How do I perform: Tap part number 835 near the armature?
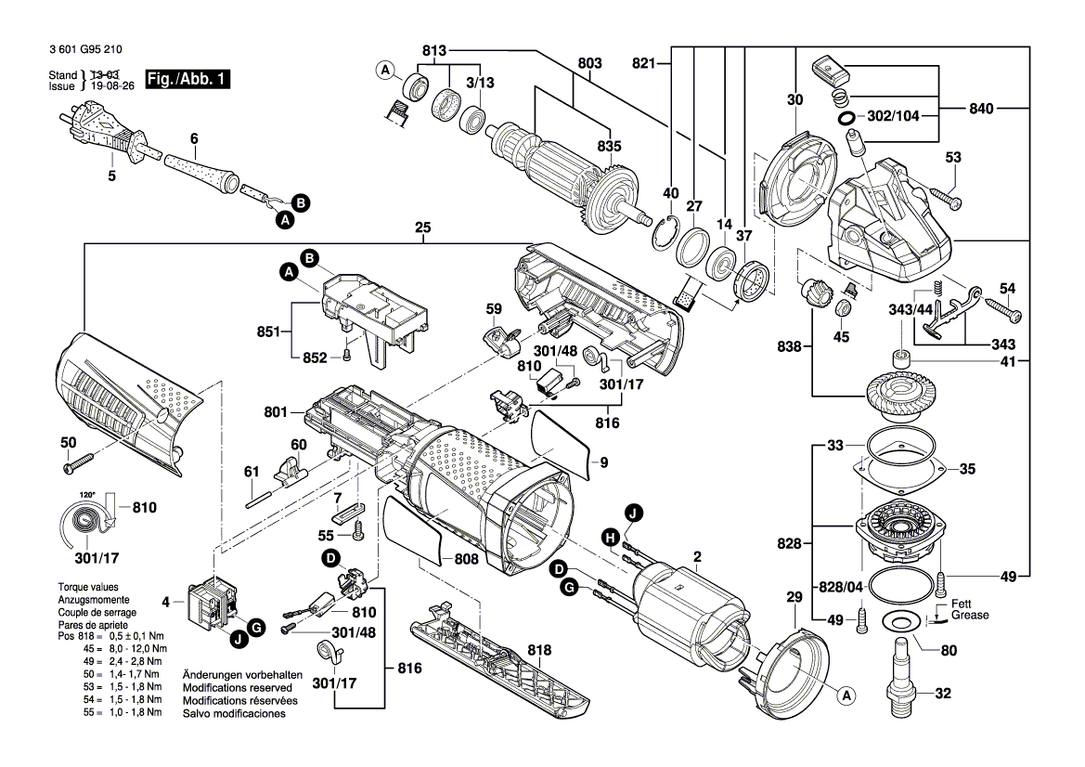tap(609, 146)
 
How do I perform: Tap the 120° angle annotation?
tap(88, 497)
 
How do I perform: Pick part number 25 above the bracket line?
tap(424, 227)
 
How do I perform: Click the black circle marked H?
tap(610, 536)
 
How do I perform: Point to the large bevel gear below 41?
tap(898, 390)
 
